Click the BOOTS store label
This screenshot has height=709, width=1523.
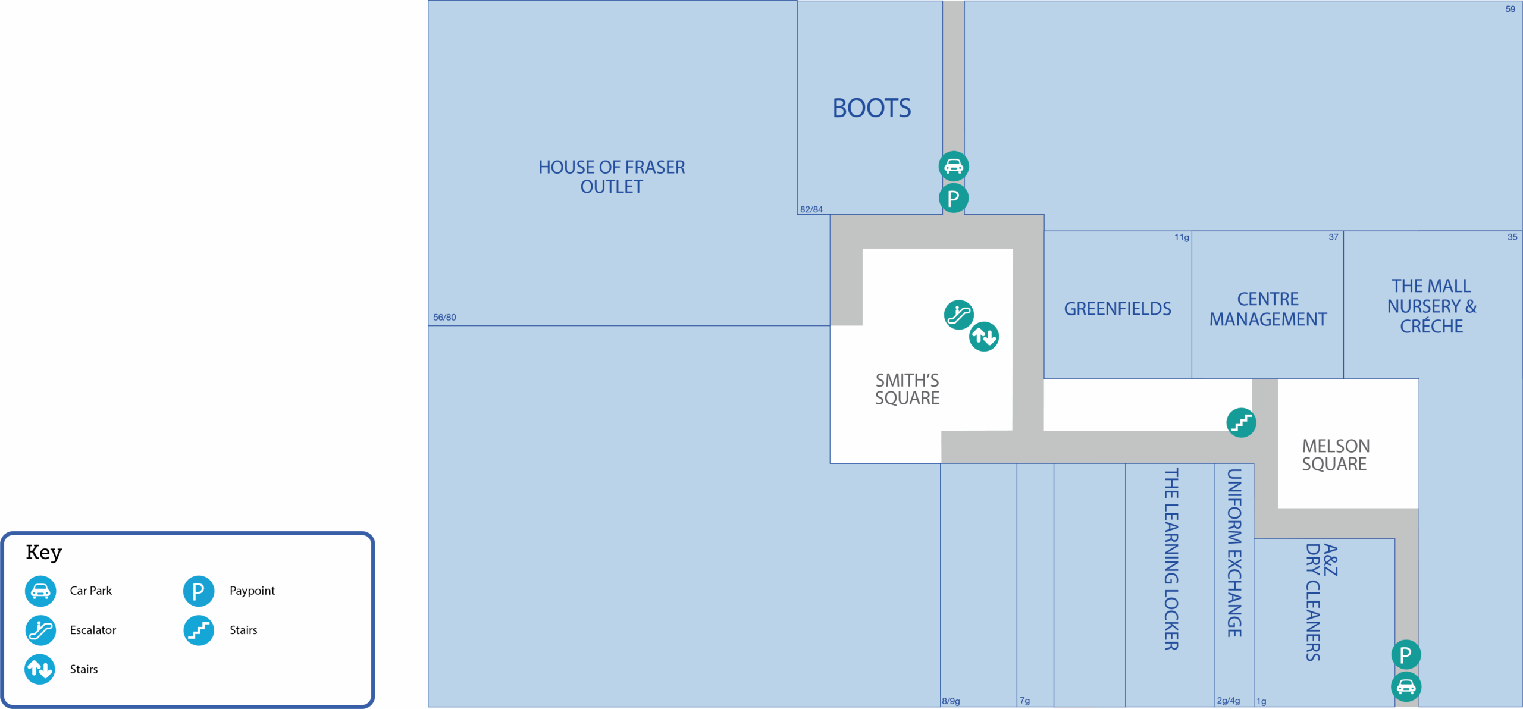[872, 108]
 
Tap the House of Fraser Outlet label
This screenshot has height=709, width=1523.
[612, 177]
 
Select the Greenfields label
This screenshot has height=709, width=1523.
[1117, 309]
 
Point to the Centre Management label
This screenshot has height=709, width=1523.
[1268, 309]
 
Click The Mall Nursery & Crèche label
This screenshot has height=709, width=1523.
[1431, 306]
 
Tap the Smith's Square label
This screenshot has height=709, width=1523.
[907, 389]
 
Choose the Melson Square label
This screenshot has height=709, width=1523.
[1335, 454]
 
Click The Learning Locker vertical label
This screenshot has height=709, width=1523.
[1171, 559]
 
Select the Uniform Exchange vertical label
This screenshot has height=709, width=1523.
[1234, 553]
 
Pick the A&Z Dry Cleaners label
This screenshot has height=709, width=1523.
[1321, 601]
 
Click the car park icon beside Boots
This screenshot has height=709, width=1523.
[954, 167]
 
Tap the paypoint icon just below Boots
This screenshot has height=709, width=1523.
[954, 198]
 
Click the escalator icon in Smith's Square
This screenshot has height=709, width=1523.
[958, 314]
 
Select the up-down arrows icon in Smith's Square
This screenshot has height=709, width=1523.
[984, 337]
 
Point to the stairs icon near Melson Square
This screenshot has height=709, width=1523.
[1241, 422]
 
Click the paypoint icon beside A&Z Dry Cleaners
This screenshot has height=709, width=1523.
[1406, 654]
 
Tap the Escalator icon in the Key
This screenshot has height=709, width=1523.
[40, 630]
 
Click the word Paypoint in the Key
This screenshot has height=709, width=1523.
[252, 591]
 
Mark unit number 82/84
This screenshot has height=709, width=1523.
[811, 209]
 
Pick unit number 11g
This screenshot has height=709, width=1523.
[1182, 237]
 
